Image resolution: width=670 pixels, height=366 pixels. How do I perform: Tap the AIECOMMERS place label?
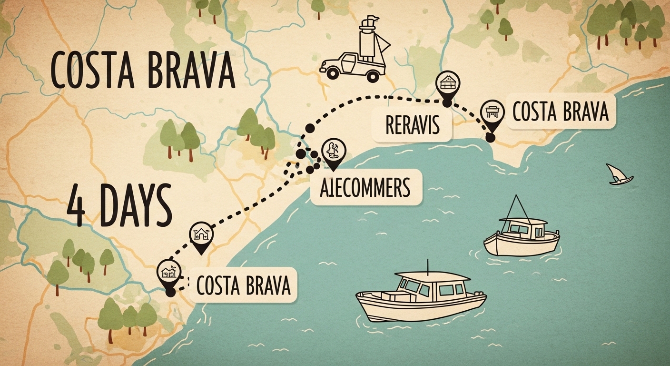click(365, 187)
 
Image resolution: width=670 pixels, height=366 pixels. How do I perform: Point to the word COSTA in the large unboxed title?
click(90, 73)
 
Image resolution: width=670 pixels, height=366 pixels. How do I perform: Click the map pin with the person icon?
click(334, 152)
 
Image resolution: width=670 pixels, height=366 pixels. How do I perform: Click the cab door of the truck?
click(350, 61)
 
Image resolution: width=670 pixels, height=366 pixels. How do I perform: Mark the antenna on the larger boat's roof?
click(428, 266)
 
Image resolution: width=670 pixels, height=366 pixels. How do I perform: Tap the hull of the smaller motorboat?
click(521, 244)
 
